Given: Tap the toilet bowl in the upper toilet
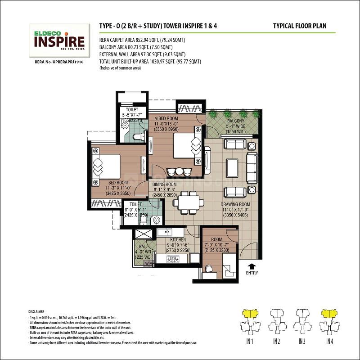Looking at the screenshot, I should click(139, 136).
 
